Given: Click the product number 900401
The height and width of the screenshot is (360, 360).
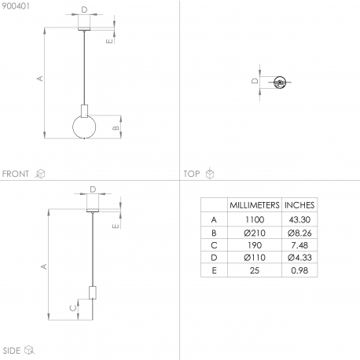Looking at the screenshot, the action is click(16, 6).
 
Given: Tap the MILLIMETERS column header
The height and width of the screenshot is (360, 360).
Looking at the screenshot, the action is click(255, 205).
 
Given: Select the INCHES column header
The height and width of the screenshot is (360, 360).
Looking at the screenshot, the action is click(299, 205).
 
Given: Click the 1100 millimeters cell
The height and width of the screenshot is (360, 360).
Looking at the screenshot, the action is click(255, 219).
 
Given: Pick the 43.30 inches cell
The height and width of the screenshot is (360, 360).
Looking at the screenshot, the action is click(299, 219).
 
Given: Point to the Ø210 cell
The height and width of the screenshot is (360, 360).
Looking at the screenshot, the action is click(255, 233).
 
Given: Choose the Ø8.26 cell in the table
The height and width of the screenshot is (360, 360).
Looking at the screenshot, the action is click(299, 233).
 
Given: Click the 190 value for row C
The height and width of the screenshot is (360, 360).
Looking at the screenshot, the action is click(255, 245).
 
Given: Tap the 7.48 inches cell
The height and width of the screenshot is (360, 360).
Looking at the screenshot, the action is click(299, 245).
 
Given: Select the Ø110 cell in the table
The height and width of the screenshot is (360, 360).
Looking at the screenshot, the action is click(255, 258).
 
